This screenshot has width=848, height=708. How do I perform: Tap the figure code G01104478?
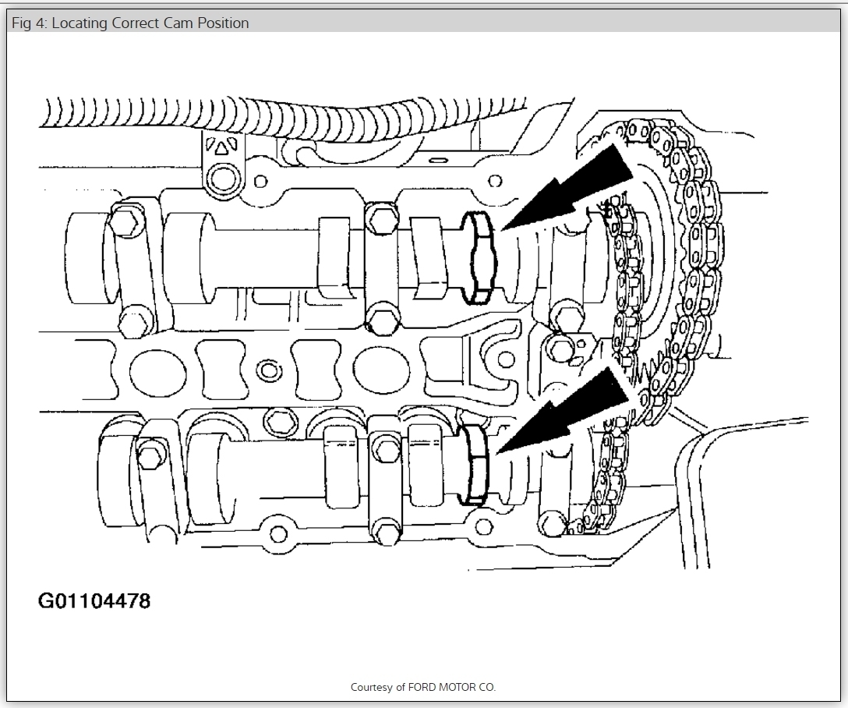click(x=94, y=601)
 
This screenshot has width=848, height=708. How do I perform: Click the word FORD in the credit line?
click(x=423, y=687)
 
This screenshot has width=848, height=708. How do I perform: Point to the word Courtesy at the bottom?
click(x=371, y=687)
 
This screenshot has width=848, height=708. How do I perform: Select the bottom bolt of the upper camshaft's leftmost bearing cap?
click(x=134, y=320)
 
